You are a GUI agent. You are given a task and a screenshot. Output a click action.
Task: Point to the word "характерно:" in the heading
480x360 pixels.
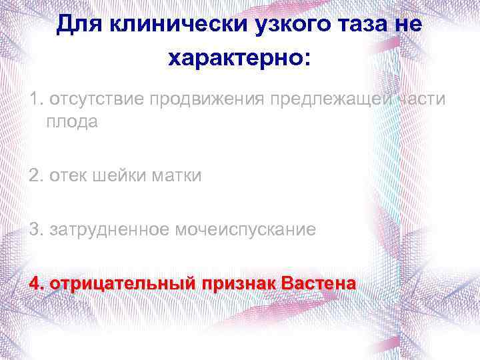(x=240, y=59)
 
